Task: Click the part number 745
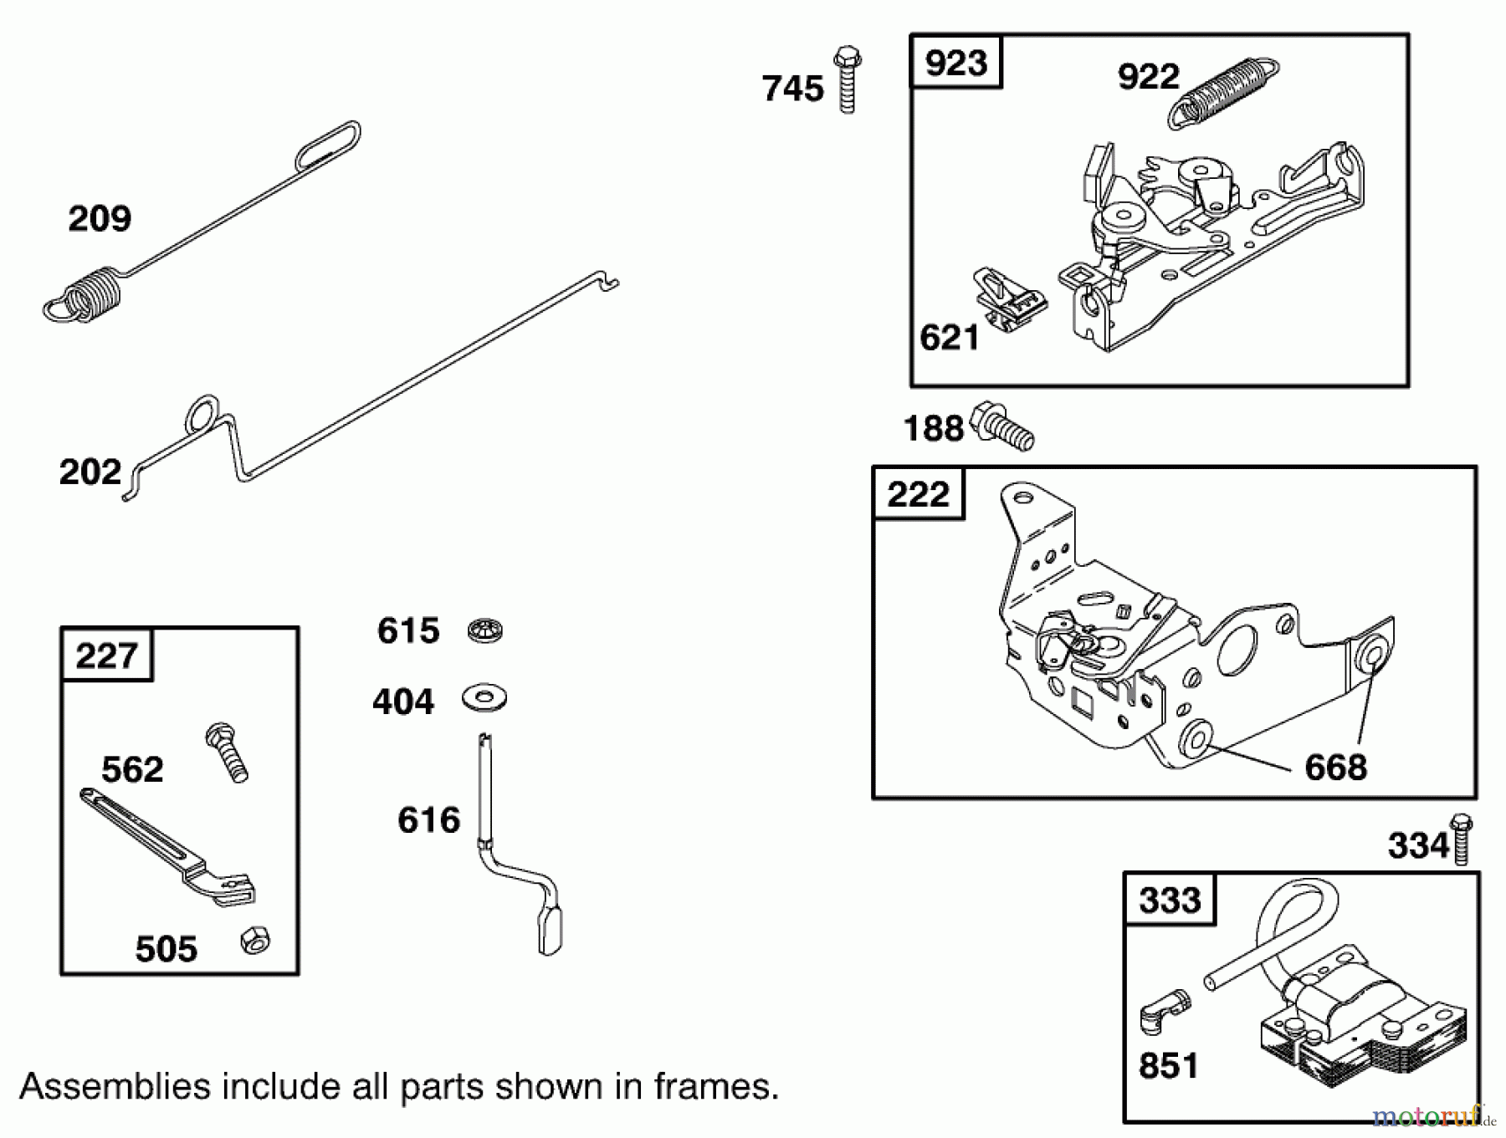[791, 89]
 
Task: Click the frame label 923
[955, 63]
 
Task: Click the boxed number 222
[918, 494]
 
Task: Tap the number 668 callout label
[1335, 767]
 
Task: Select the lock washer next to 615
[484, 630]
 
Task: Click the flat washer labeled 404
[484, 697]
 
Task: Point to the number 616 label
[428, 820]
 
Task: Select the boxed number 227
[106, 655]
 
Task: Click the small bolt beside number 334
[1461, 838]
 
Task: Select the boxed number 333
[1169, 901]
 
